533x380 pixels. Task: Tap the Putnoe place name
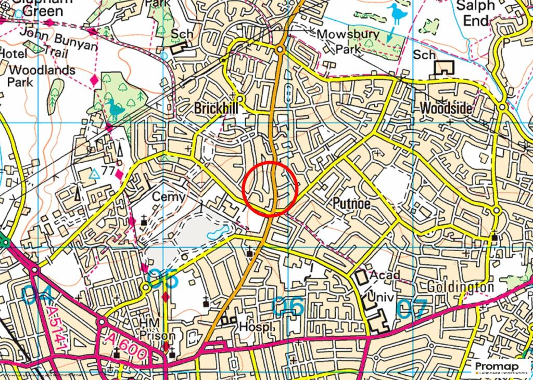[351, 203]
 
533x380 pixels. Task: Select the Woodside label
[446, 109]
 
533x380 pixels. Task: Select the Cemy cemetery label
[168, 197]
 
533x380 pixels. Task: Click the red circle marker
[270, 188]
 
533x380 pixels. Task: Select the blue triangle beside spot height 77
[94, 174]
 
